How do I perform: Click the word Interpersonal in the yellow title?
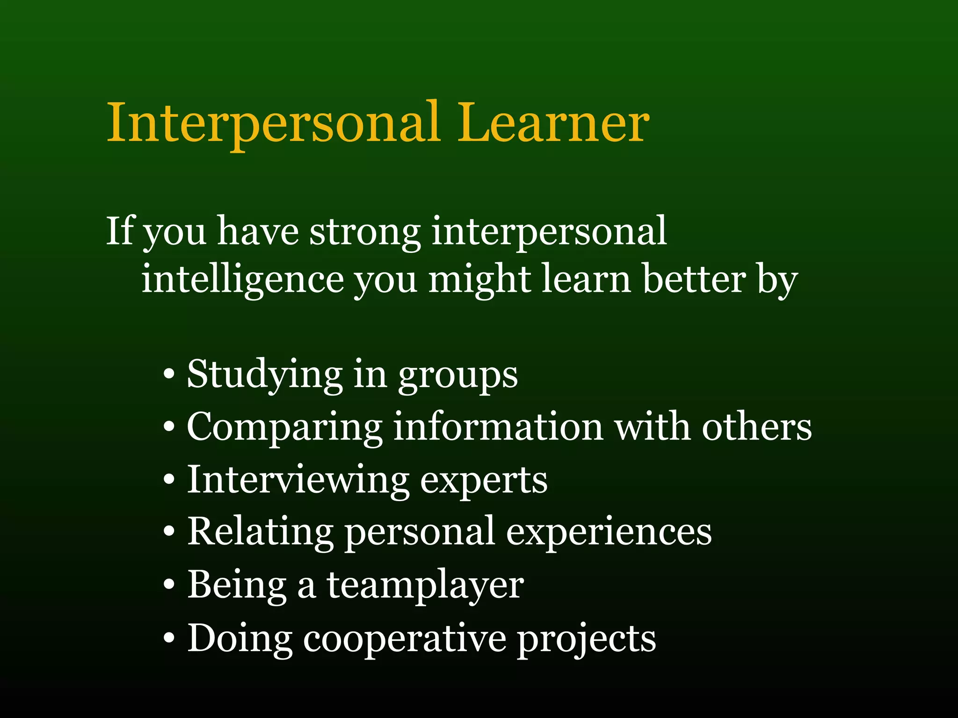tap(274, 124)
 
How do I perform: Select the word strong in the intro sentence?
tap(365, 231)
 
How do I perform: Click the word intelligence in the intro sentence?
tap(242, 280)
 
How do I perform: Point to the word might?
tap(479, 280)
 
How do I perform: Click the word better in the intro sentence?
tap(694, 279)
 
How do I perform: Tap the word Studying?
tap(265, 375)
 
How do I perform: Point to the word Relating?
tap(260, 533)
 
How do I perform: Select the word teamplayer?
tap(425, 586)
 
